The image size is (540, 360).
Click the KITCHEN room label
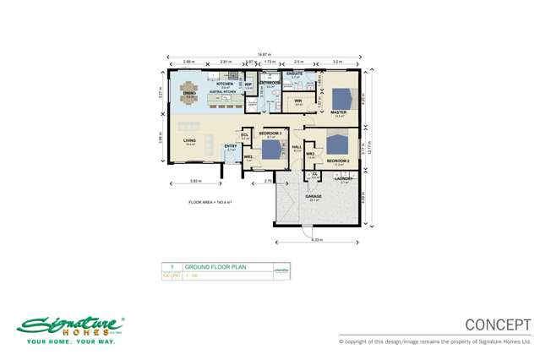click(x=225, y=85)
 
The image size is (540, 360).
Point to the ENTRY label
click(x=231, y=146)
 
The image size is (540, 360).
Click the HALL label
click(x=297, y=146)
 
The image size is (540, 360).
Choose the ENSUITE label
click(x=296, y=74)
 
